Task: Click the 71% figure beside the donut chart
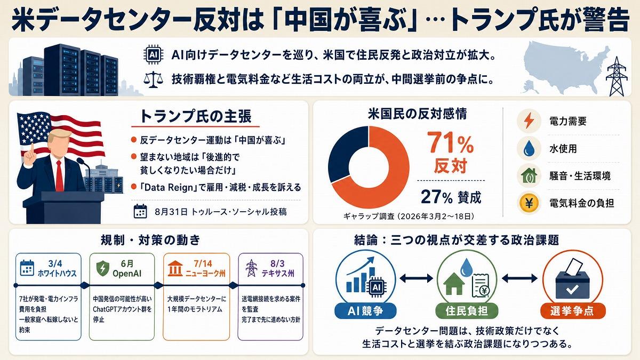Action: pos(451,142)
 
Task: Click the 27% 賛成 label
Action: pos(451,197)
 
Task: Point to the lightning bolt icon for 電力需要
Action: pos(529,121)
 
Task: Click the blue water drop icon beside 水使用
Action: pos(529,148)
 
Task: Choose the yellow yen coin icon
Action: pos(529,203)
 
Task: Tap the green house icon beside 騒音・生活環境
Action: pos(529,175)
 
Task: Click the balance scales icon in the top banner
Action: pos(154,79)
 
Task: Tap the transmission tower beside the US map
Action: pos(617,76)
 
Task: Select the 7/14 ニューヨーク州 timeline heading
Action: pos(205,269)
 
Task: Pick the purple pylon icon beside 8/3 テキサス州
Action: pos(251,268)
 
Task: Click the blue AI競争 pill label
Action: pos(365,311)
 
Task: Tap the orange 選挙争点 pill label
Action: pos(572,311)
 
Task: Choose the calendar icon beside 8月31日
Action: pos(140,211)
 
